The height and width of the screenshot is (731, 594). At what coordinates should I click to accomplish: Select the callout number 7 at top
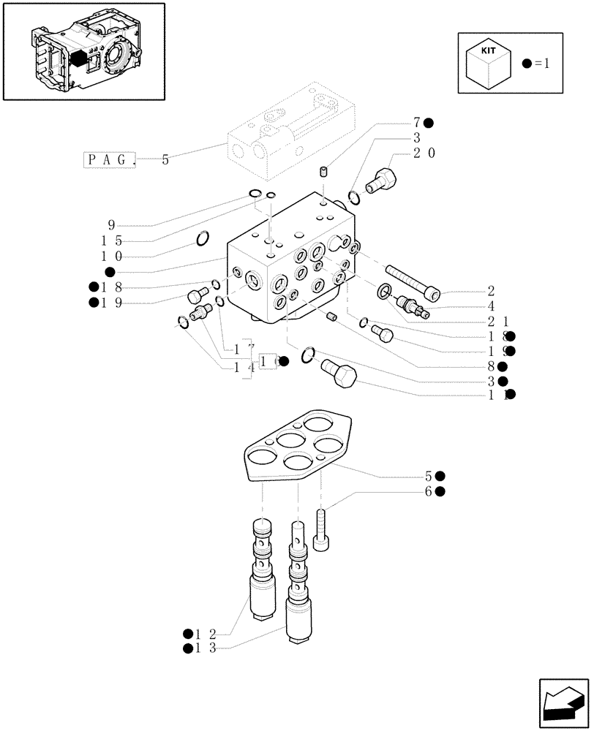416,122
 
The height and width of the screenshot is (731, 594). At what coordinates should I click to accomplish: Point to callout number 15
111,241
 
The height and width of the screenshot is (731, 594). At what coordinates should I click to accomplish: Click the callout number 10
111,256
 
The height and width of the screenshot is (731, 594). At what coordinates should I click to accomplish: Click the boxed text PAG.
110,159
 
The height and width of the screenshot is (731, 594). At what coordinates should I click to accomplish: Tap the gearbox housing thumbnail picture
83,51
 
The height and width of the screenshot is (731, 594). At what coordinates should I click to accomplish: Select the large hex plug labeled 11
337,376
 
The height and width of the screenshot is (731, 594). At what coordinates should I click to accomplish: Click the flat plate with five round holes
298,447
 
